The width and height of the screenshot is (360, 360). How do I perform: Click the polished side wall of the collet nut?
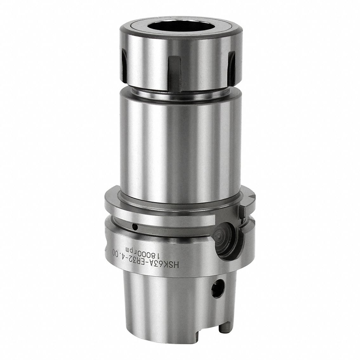click(x=149, y=57)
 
